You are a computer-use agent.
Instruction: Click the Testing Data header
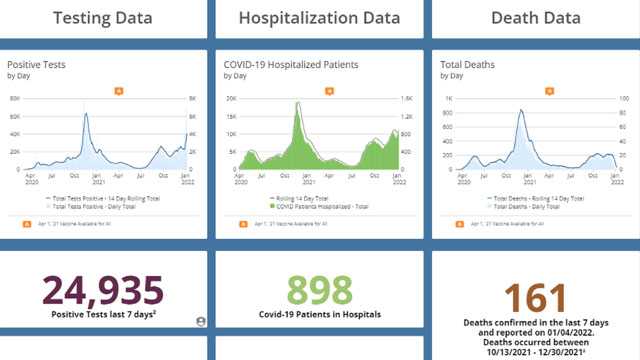[103, 18]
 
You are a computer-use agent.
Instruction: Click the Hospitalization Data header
[320, 18]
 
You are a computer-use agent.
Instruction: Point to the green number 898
[320, 290]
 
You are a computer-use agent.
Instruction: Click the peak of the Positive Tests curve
[85, 114]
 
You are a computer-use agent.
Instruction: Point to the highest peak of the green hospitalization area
[298, 103]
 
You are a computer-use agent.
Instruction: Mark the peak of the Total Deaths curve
[520, 110]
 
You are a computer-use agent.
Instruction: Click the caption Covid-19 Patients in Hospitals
[320, 315]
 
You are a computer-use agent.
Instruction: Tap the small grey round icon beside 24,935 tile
[201, 321]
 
